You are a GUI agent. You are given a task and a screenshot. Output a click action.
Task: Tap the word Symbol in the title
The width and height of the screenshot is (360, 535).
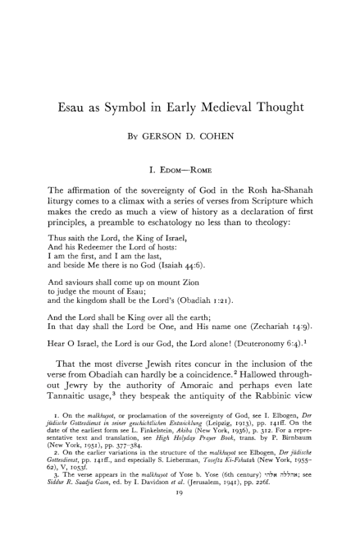pos(139,85)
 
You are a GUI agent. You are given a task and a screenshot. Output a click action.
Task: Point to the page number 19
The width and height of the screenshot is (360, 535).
pos(179,514)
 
